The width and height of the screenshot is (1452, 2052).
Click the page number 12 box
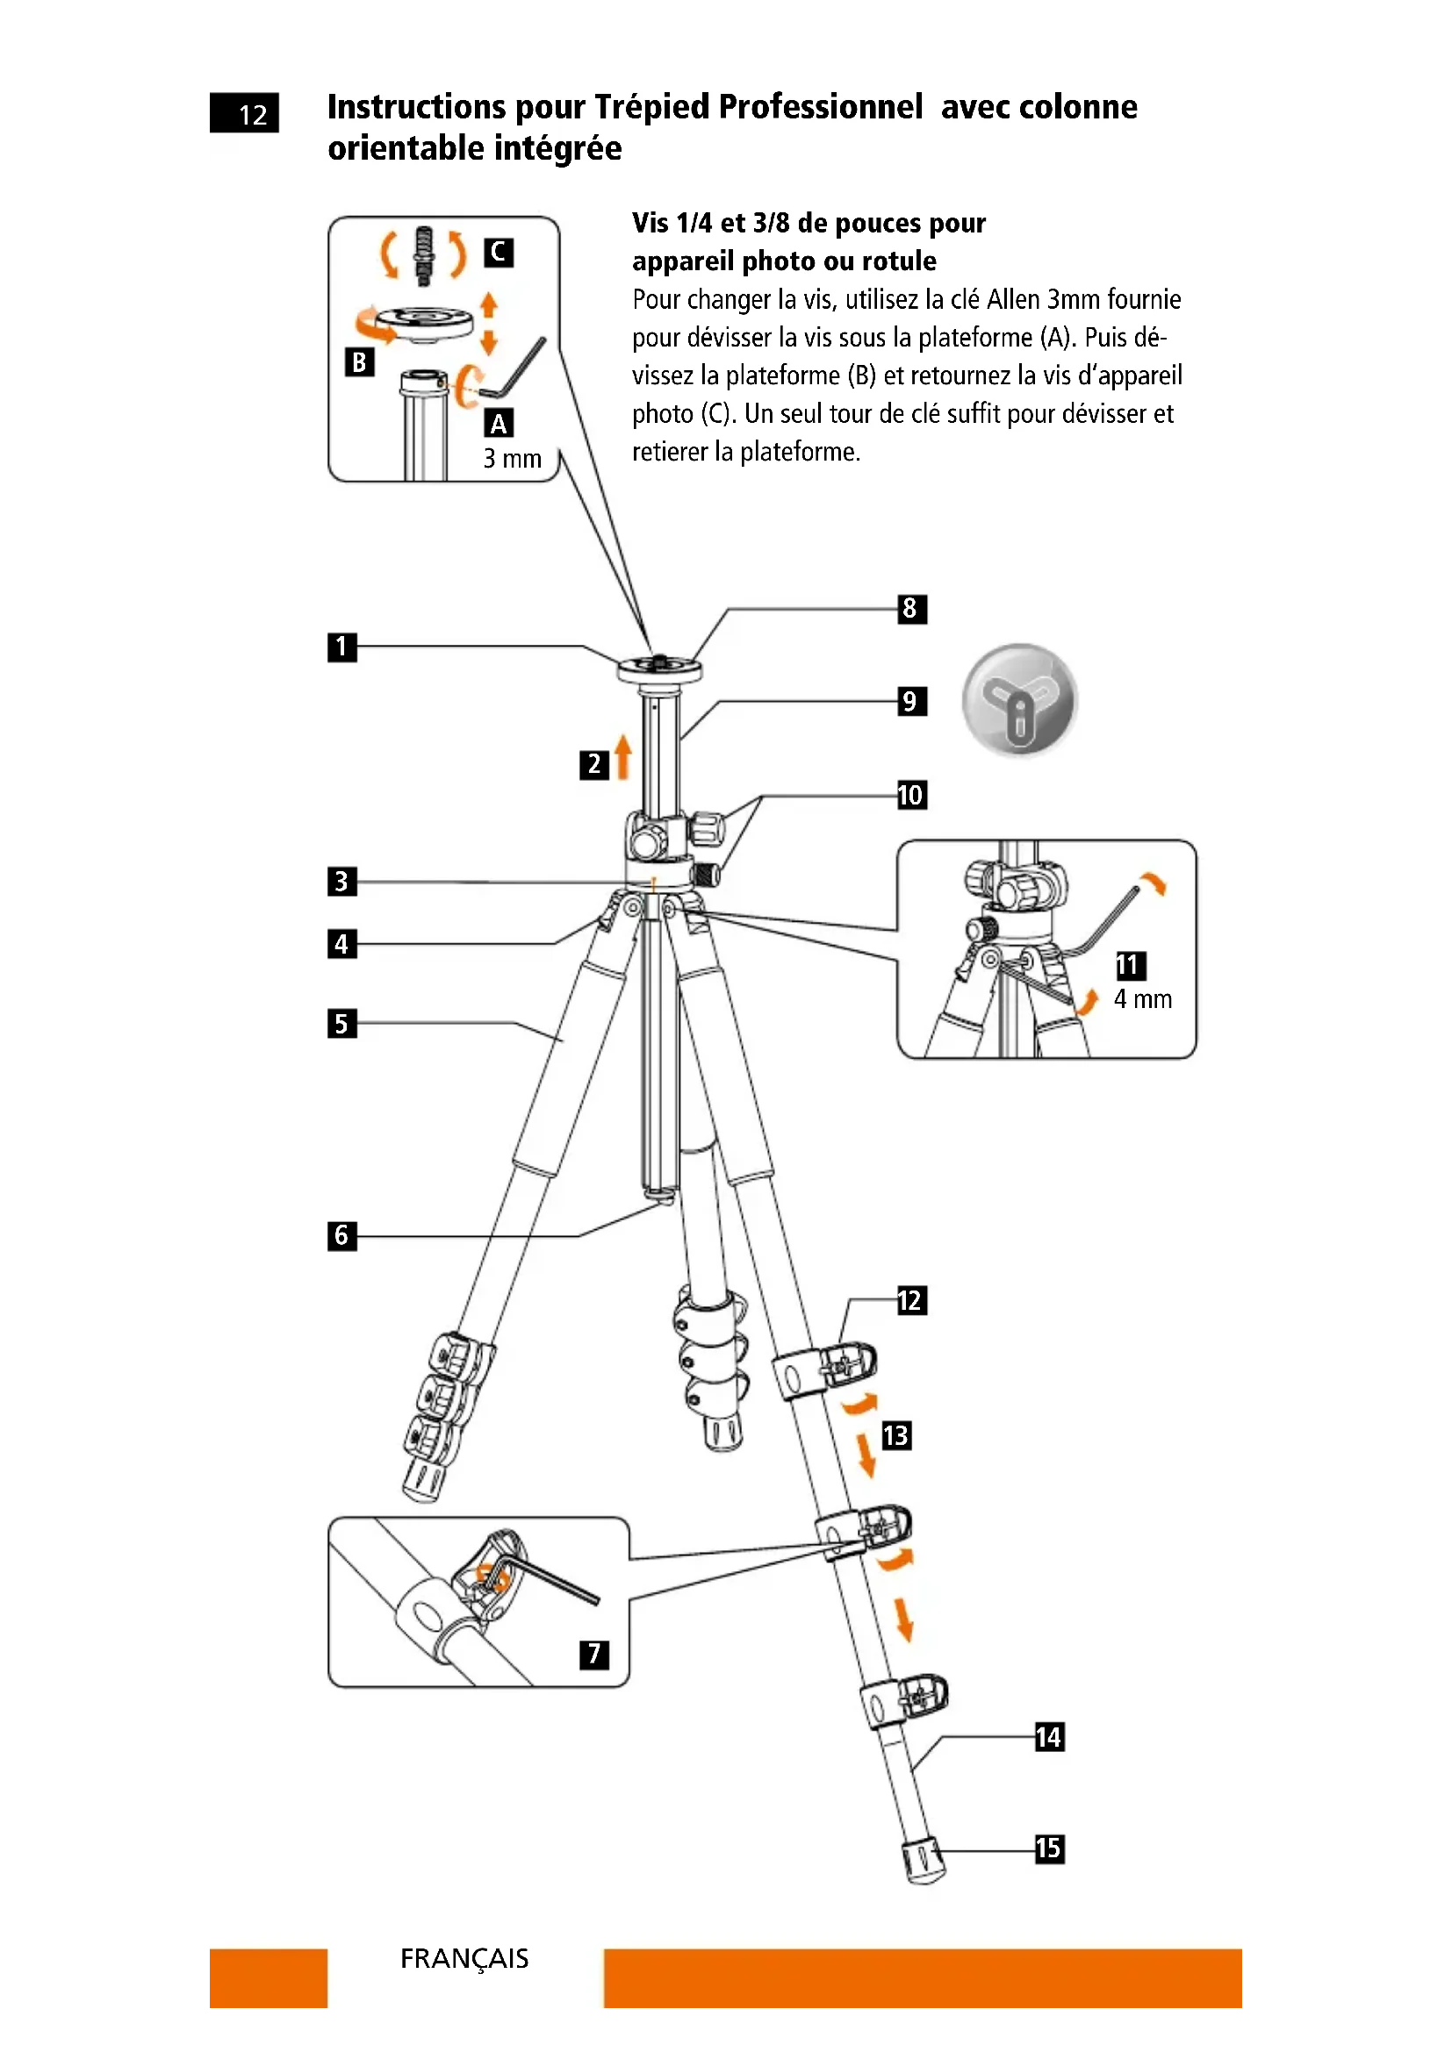241,113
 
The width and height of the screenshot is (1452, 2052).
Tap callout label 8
911,610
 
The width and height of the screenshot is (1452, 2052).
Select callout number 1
341,647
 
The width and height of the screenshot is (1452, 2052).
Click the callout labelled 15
1049,1848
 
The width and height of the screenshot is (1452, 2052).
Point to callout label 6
341,1236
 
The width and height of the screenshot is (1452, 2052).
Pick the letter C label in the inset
499,253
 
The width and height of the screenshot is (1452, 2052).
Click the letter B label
359,362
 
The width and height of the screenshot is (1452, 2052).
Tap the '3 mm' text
513,459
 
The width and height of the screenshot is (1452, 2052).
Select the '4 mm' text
1143,999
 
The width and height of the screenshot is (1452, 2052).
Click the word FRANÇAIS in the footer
464,1959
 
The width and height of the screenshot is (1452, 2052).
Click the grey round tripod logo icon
1019,700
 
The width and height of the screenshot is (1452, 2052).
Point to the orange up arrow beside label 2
623,756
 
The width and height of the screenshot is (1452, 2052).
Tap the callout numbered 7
593,1654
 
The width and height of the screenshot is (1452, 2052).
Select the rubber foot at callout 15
922,1859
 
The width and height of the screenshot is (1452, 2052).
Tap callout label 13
896,1435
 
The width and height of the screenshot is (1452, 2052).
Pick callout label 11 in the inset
1130,965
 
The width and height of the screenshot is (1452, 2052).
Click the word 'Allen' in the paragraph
1013,299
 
